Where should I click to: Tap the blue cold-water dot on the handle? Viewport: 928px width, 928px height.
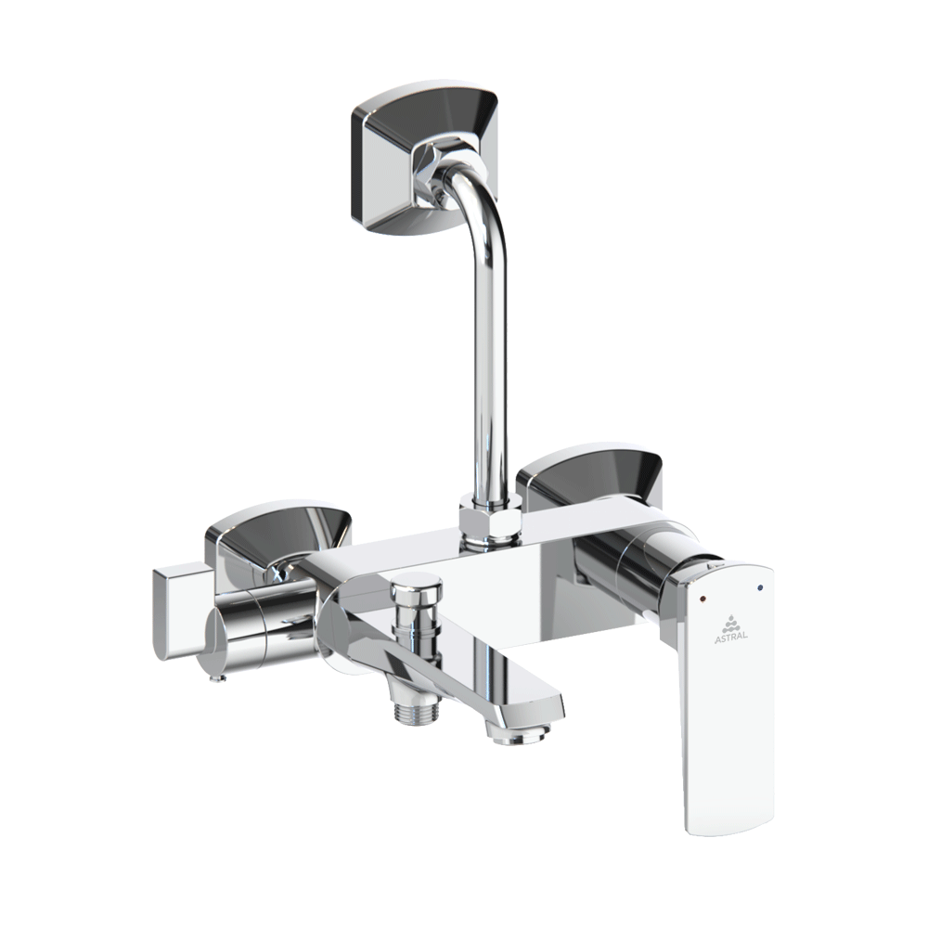click(x=761, y=587)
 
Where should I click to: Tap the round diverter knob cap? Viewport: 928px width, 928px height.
click(x=415, y=585)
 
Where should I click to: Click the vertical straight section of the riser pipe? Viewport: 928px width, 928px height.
click(x=489, y=371)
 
